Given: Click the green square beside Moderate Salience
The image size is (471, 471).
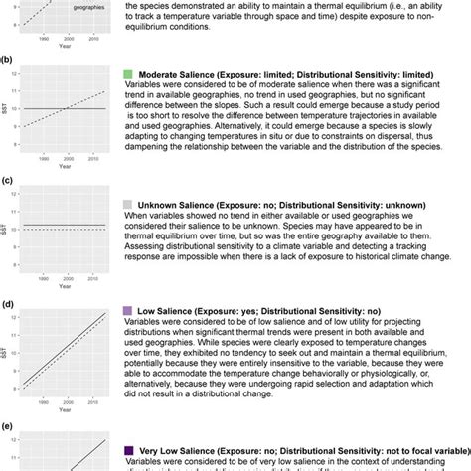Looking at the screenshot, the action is (127, 75).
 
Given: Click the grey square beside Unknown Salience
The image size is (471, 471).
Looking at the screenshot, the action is (127, 203).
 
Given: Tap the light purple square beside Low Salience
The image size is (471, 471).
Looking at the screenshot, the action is (127, 312).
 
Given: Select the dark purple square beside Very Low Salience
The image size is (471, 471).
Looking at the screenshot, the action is (127, 450).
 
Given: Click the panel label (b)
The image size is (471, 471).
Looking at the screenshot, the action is (8, 60).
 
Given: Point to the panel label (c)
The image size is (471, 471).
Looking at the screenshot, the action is (8, 182).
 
